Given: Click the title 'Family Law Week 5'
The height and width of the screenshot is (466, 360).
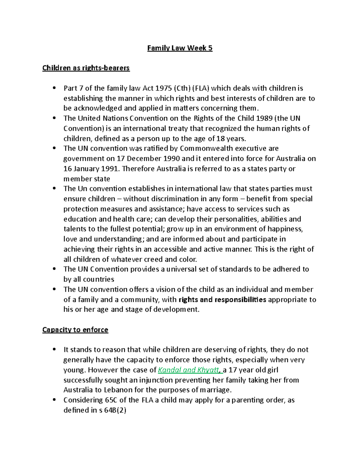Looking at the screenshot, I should (x=180, y=48).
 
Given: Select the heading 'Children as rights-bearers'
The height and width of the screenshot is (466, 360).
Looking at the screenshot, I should (x=86, y=68).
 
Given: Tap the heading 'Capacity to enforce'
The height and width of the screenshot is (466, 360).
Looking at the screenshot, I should (x=75, y=329).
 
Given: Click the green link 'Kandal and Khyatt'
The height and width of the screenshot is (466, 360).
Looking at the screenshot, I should (x=189, y=370).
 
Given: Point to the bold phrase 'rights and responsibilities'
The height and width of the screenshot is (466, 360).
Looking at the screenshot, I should (x=222, y=299).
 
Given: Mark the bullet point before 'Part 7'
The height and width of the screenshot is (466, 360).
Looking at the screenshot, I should (x=54, y=88).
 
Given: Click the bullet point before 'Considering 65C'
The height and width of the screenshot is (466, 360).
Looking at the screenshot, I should (x=54, y=400).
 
